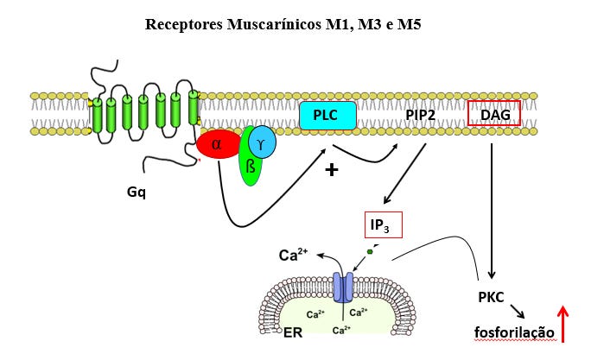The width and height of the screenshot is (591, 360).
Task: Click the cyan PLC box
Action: coord(327,117)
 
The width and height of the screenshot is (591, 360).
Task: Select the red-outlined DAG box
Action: coord(494,114)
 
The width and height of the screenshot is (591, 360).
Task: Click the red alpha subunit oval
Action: coord(219,144)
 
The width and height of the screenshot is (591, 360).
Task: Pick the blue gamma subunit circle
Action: coord(262,141)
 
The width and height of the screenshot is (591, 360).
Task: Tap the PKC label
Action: coord(491,296)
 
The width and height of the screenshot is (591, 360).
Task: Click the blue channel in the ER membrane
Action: coord(344,287)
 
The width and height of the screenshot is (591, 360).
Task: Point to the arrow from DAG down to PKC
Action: coord(491,207)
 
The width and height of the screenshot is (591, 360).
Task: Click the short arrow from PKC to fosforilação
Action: coord(518,310)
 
